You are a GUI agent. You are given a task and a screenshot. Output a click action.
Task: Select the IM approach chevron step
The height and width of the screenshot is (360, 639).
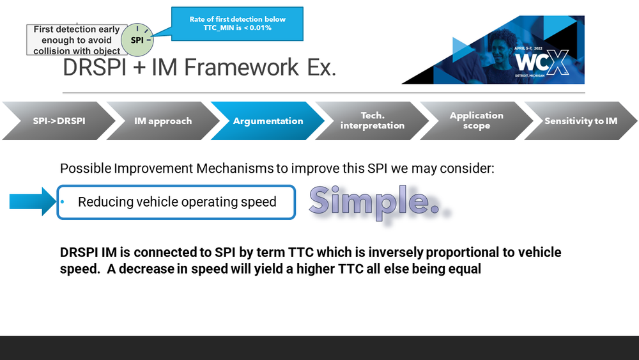163,121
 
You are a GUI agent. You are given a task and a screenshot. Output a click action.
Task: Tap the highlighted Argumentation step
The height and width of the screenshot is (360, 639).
268,121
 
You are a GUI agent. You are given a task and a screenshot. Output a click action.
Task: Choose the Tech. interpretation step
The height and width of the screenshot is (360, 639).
373,121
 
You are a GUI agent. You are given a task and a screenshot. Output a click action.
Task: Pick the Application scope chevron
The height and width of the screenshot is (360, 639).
476,121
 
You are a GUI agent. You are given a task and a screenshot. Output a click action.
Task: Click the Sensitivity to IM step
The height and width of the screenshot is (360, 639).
581,121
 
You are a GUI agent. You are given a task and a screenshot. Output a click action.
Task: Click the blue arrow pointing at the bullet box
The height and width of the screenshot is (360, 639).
33,202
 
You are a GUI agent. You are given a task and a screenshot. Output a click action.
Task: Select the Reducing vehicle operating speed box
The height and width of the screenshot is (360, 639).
177,202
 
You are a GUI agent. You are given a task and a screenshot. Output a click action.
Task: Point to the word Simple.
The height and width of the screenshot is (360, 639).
377,201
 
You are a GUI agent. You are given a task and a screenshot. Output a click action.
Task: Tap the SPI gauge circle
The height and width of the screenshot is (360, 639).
137,40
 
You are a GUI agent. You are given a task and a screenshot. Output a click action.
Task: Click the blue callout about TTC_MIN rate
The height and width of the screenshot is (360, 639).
237,24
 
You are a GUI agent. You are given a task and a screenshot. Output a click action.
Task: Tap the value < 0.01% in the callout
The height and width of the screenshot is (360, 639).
255,29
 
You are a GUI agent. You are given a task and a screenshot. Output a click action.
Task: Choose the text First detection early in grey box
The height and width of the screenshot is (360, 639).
77,29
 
